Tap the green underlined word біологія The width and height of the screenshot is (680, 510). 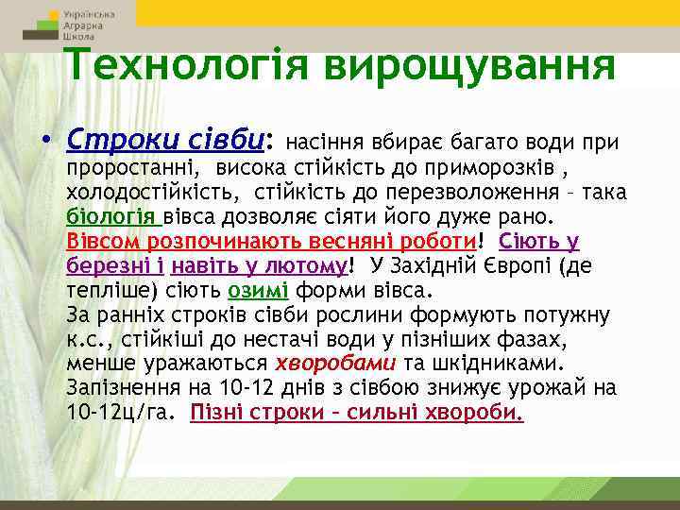(x=111, y=216)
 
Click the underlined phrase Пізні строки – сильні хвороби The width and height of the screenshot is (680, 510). (x=357, y=412)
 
